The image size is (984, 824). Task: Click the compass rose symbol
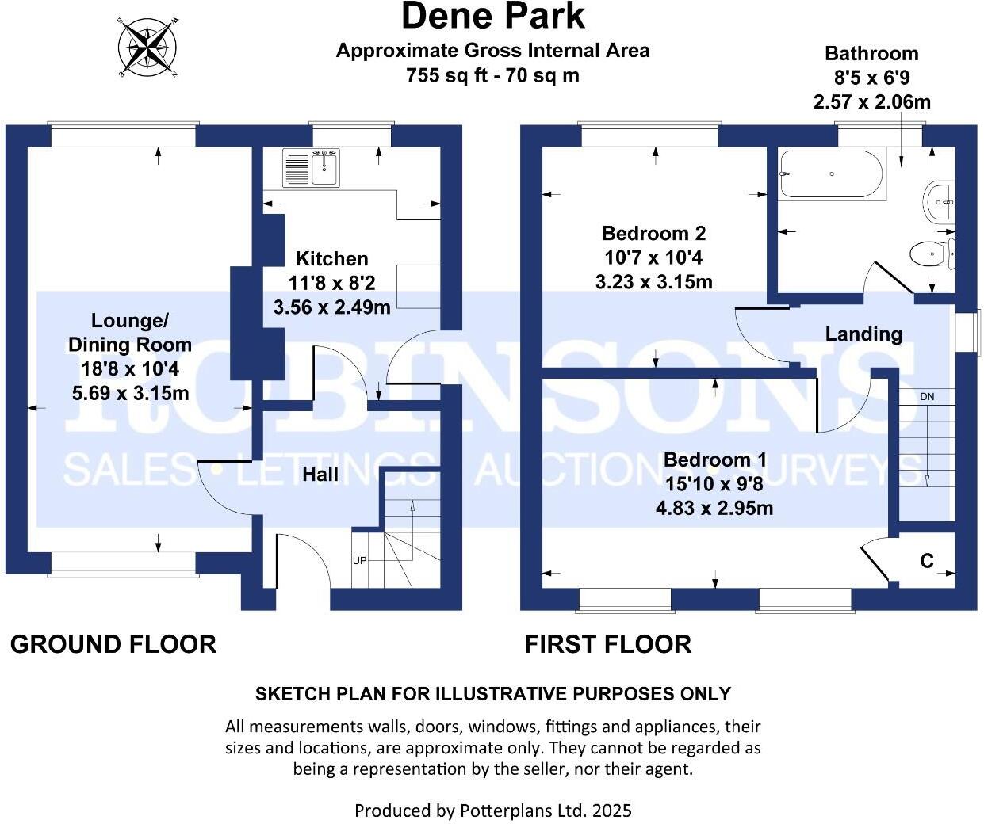[148, 47]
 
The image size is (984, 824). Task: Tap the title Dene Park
[492, 16]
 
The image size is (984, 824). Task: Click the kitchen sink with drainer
[311, 169]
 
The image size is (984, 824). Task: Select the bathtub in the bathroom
[830, 174]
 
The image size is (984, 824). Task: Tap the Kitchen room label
[331, 258]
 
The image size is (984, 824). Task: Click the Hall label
[320, 474]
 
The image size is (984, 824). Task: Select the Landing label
[863, 334]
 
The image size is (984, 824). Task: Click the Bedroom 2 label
[653, 233]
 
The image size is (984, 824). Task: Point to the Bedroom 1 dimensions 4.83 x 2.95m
[714, 508]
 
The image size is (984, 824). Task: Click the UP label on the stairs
[359, 561]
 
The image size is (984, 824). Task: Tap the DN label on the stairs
[927, 396]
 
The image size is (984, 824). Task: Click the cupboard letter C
[926, 561]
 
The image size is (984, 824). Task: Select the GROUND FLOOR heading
[113, 644]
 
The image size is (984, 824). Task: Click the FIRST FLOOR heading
[607, 644]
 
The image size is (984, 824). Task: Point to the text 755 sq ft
[440, 75]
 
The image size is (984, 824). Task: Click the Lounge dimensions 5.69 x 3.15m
[130, 393]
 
